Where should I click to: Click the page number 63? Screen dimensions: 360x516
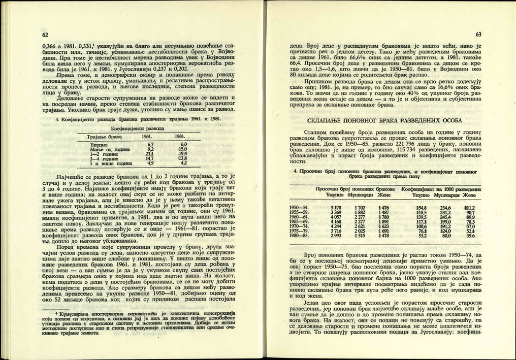coord(478,35)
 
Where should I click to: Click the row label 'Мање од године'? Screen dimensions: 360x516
coord(106,149)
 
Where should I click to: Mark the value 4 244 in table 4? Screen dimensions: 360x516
coord(335,226)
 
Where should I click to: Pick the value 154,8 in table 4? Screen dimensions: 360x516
coord(420,207)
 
